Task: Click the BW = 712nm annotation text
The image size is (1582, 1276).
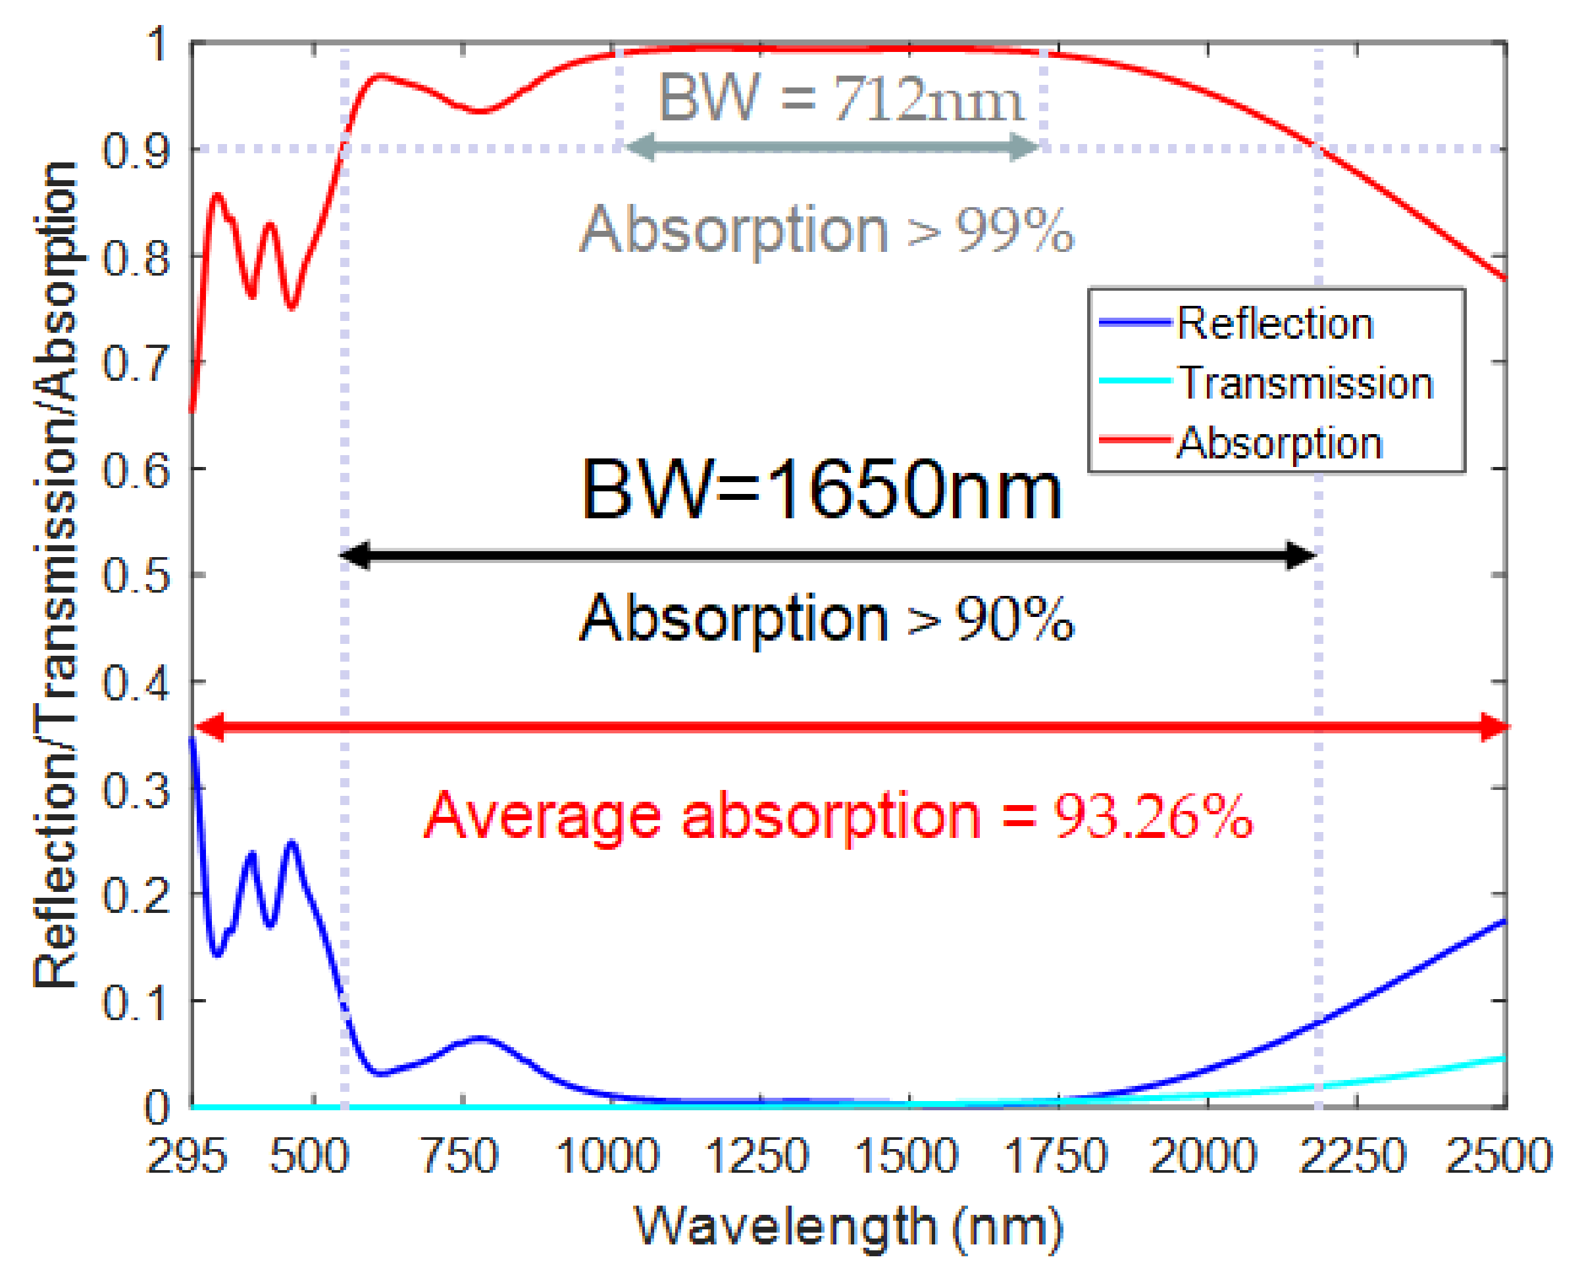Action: point(839,98)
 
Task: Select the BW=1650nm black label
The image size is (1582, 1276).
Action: point(821,489)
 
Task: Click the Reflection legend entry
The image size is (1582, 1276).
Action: point(1275,324)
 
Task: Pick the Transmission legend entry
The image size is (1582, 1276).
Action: point(1306,383)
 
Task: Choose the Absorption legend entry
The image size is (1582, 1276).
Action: point(1279,443)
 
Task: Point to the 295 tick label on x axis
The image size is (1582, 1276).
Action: point(187,1156)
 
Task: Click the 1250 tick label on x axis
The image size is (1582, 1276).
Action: point(757,1156)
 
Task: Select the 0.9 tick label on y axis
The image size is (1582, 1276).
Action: point(136,151)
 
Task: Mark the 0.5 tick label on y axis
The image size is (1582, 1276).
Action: point(136,576)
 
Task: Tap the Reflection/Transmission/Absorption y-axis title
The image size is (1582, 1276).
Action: point(56,574)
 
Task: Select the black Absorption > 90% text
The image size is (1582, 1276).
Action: point(827,619)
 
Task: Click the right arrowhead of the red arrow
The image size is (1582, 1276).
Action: point(1495,727)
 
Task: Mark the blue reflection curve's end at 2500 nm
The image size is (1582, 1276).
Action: point(1503,921)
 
